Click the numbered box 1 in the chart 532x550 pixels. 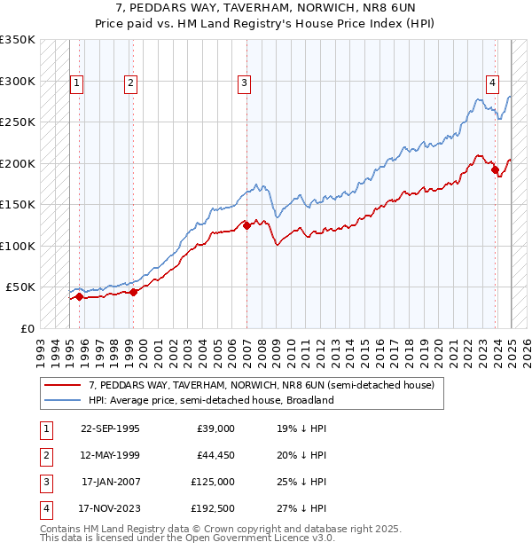77,83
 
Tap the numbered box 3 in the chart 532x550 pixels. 244,83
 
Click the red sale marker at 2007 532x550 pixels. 246,225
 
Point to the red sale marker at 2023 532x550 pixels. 495,169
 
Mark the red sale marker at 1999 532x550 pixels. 133,292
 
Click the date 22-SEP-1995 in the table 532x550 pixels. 110,428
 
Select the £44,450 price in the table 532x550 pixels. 215,455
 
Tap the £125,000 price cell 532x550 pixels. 215,482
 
